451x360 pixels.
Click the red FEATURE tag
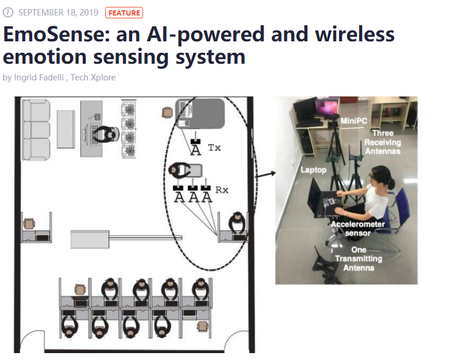pos(124,13)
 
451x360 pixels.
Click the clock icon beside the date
pos(8,13)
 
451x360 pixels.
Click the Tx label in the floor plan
pos(214,148)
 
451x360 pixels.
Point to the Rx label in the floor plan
pos(221,189)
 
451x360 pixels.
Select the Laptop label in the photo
pos(313,171)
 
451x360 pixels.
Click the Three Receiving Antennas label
pos(382,142)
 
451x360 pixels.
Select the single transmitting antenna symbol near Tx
pos(196,147)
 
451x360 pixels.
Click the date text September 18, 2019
pos(59,13)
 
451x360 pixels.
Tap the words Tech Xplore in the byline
pos(93,78)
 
